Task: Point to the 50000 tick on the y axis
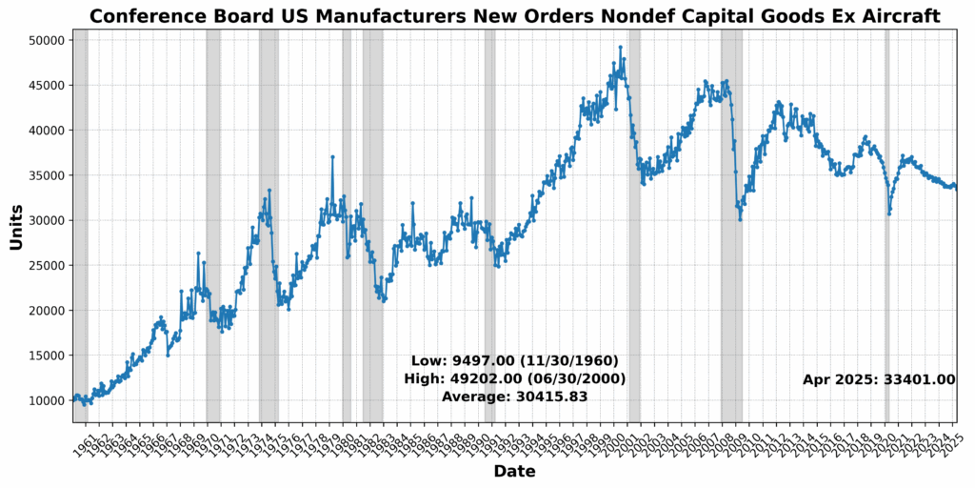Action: (45, 40)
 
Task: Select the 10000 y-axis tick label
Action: (45, 400)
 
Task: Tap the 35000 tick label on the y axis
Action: (45, 175)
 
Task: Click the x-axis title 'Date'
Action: (514, 472)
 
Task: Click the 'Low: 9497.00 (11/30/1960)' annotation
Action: (514, 361)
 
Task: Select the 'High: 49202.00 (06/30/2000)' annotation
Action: (514, 379)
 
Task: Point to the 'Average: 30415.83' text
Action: (514, 396)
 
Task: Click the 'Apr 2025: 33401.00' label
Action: (878, 379)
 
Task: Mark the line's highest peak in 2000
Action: (621, 47)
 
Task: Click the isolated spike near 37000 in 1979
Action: (332, 156)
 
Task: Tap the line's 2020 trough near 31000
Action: (889, 213)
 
